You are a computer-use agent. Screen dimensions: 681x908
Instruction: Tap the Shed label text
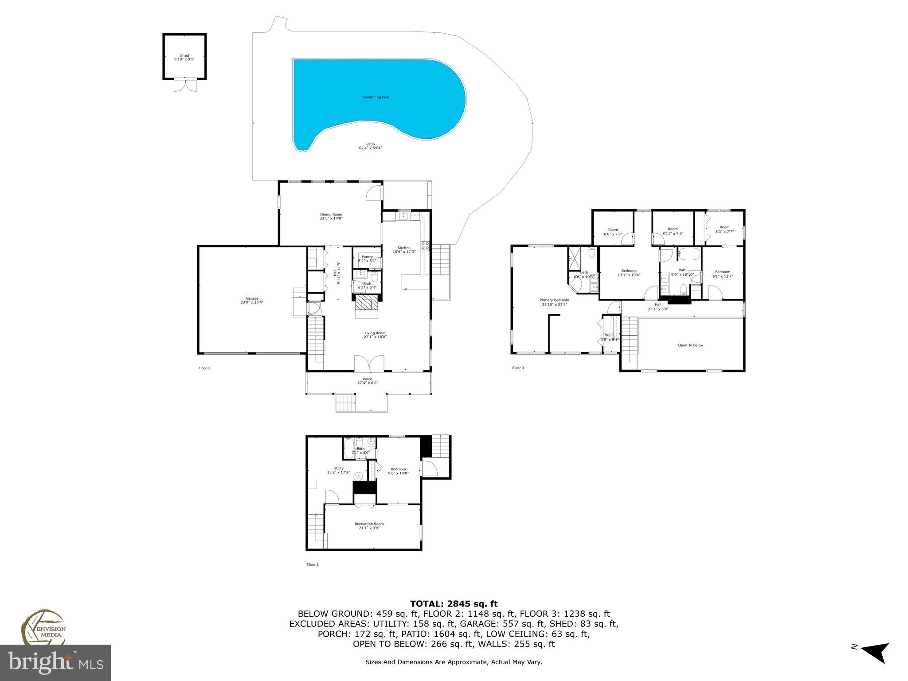pyautogui.click(x=184, y=56)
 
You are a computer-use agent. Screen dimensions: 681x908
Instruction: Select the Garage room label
pyautogui.click(x=252, y=298)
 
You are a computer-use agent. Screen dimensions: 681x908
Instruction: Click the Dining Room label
pyautogui.click(x=331, y=215)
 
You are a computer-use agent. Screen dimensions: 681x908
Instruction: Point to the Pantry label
pyautogui.click(x=367, y=257)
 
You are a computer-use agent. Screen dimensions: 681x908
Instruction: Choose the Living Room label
pyautogui.click(x=375, y=333)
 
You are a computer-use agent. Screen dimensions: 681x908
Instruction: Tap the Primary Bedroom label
pyautogui.click(x=555, y=300)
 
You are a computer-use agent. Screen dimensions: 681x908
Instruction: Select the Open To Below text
pyautogui.click(x=690, y=345)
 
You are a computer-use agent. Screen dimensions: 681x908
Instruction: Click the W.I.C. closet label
pyautogui.click(x=609, y=335)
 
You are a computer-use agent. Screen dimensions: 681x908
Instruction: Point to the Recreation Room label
pyautogui.click(x=369, y=524)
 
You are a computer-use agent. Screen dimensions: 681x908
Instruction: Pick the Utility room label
pyautogui.click(x=338, y=468)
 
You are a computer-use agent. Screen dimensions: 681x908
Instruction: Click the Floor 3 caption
pyautogui.click(x=518, y=368)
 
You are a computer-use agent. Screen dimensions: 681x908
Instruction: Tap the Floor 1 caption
pyautogui.click(x=313, y=564)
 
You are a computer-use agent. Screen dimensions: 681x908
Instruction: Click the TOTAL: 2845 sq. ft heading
pyautogui.click(x=454, y=603)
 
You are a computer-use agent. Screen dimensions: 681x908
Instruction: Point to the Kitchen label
pyautogui.click(x=404, y=248)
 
